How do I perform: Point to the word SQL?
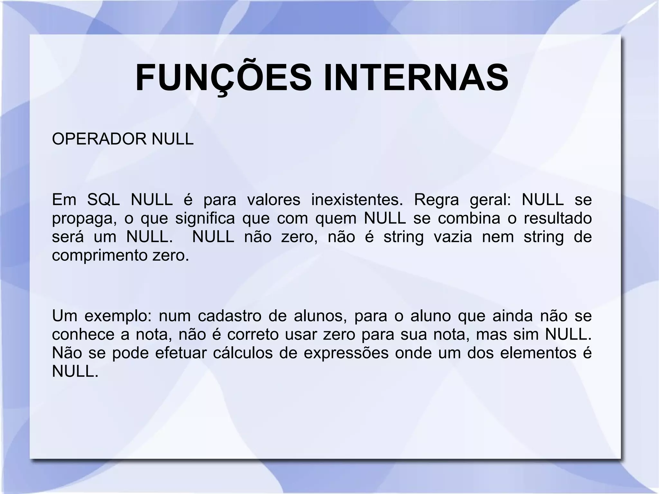pyautogui.click(x=104, y=200)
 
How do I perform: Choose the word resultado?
pyautogui.click(x=558, y=218)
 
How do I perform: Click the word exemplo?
pyautogui.click(x=118, y=316)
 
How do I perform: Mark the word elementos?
pyautogui.click(x=538, y=353)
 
